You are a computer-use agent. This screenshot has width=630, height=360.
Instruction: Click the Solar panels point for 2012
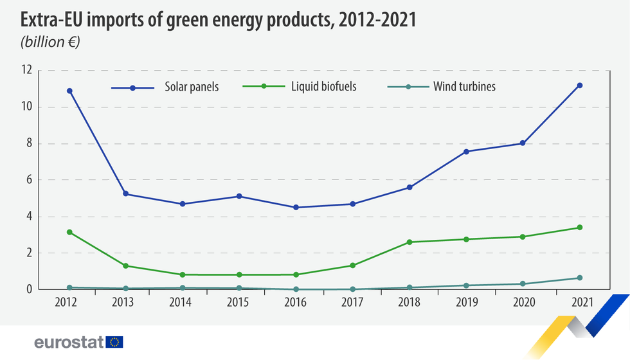click(69, 91)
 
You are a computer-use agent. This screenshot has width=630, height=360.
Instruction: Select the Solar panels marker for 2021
click(580, 85)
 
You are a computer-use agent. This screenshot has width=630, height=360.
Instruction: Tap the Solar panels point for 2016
click(296, 207)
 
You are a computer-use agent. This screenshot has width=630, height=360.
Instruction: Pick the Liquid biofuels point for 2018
click(410, 242)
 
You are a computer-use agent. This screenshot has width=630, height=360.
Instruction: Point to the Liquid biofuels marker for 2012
click(69, 232)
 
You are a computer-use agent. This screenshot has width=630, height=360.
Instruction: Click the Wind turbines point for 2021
click(580, 278)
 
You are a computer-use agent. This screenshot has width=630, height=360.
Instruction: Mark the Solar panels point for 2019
click(466, 152)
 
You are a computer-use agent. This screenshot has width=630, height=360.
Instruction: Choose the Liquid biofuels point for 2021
click(580, 228)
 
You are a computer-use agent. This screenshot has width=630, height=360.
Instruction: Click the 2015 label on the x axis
click(239, 302)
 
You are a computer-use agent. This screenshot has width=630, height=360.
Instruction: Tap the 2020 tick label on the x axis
click(523, 302)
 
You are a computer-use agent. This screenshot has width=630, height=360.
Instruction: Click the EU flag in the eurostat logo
click(114, 342)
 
